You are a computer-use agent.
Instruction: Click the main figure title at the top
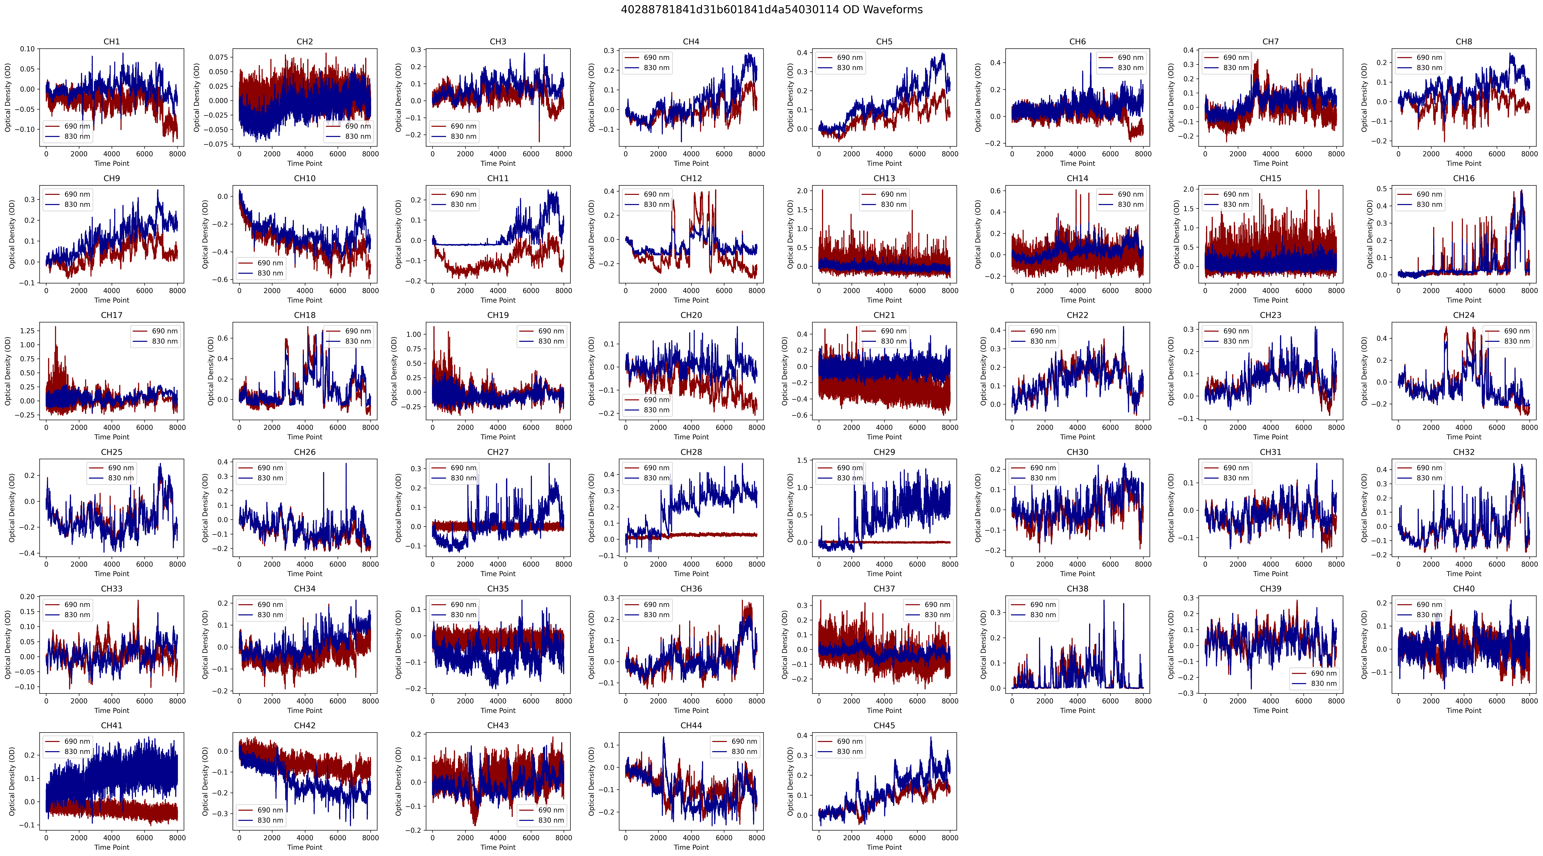(x=771, y=10)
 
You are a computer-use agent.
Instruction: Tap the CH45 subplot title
(x=884, y=725)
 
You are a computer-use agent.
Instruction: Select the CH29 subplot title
(x=884, y=452)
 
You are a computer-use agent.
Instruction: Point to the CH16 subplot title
(x=1463, y=179)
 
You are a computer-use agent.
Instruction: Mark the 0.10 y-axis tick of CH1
(x=27, y=49)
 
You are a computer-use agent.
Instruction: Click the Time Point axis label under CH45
(x=884, y=847)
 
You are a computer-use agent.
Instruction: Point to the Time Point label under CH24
(x=1463, y=437)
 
